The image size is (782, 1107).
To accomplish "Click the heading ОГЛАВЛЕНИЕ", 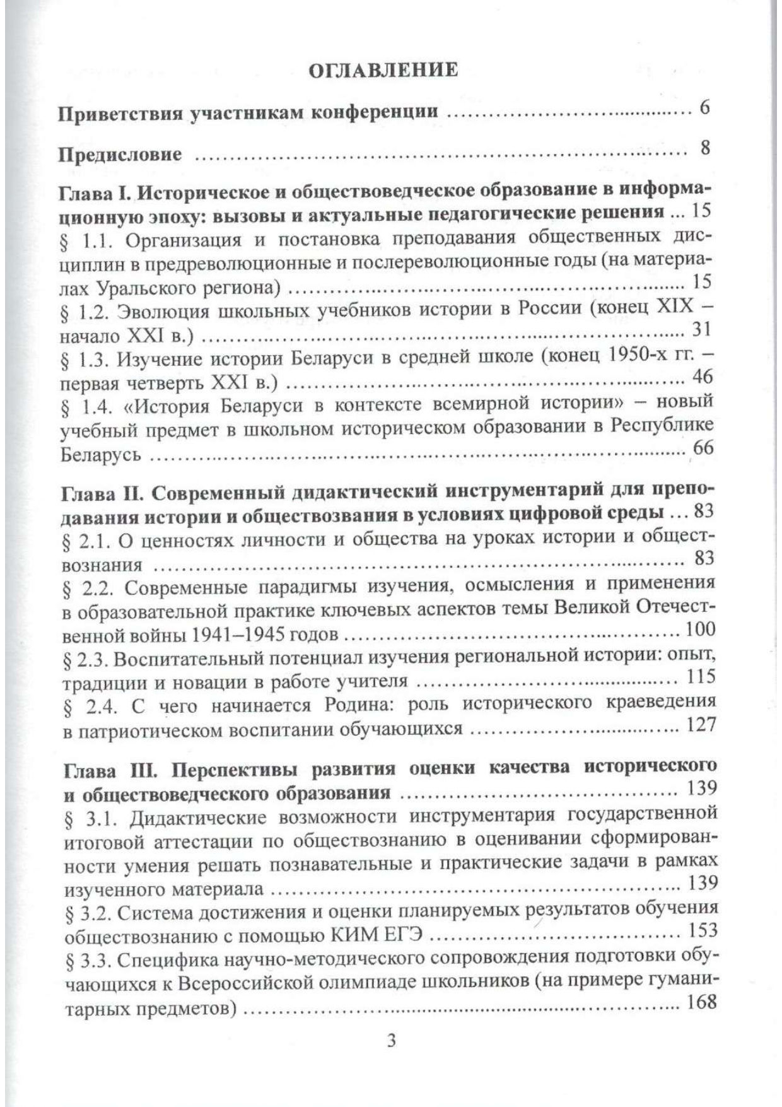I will point(390,69).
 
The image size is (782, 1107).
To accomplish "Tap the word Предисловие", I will point(120,154).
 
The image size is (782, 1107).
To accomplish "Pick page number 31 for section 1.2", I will point(701,329).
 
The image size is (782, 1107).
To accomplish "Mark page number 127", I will point(702,724).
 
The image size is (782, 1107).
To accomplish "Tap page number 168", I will point(702,1001).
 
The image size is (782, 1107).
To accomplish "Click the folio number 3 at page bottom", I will point(390,1041).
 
